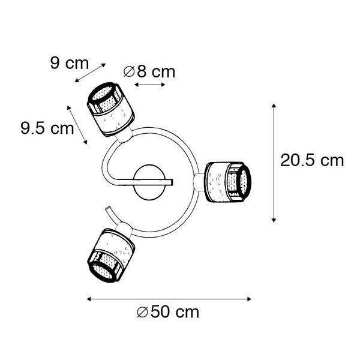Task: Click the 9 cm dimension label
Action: (x=70, y=63)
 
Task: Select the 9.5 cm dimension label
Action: (x=47, y=128)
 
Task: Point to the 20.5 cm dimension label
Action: (x=312, y=160)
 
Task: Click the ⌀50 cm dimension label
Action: (x=168, y=312)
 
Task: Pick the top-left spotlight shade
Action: (x=110, y=109)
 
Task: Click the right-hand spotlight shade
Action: (x=228, y=182)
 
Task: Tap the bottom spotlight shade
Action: (x=111, y=256)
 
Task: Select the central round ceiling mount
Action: (x=149, y=182)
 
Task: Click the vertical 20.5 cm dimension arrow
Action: (x=274, y=163)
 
